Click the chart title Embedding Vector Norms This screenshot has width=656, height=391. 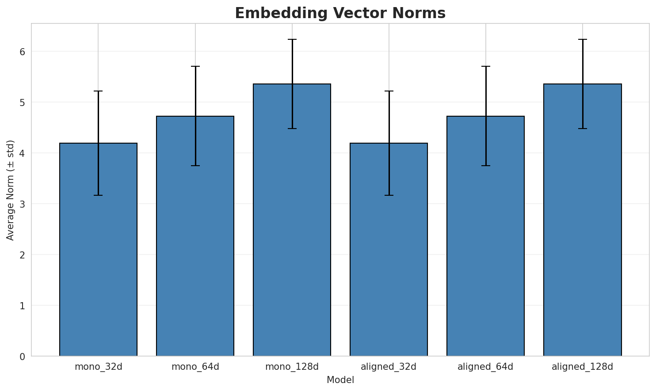(340, 13)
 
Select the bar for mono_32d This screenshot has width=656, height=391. (98, 250)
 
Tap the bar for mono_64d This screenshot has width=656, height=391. (195, 236)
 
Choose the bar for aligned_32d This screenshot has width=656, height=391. (389, 250)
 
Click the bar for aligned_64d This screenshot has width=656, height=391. (485, 236)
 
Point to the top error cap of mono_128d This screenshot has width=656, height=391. (292, 39)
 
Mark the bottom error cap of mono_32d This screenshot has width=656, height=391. (98, 195)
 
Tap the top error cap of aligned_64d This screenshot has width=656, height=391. (485, 66)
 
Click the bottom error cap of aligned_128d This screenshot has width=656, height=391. (582, 129)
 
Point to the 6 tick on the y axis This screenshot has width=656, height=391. (22, 52)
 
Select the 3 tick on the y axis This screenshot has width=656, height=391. (22, 204)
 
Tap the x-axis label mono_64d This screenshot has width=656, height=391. (195, 367)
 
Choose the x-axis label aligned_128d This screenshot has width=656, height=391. (582, 367)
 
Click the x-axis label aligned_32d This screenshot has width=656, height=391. (389, 367)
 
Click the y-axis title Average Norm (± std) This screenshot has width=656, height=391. (11, 190)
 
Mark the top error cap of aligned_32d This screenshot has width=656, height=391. (389, 91)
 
